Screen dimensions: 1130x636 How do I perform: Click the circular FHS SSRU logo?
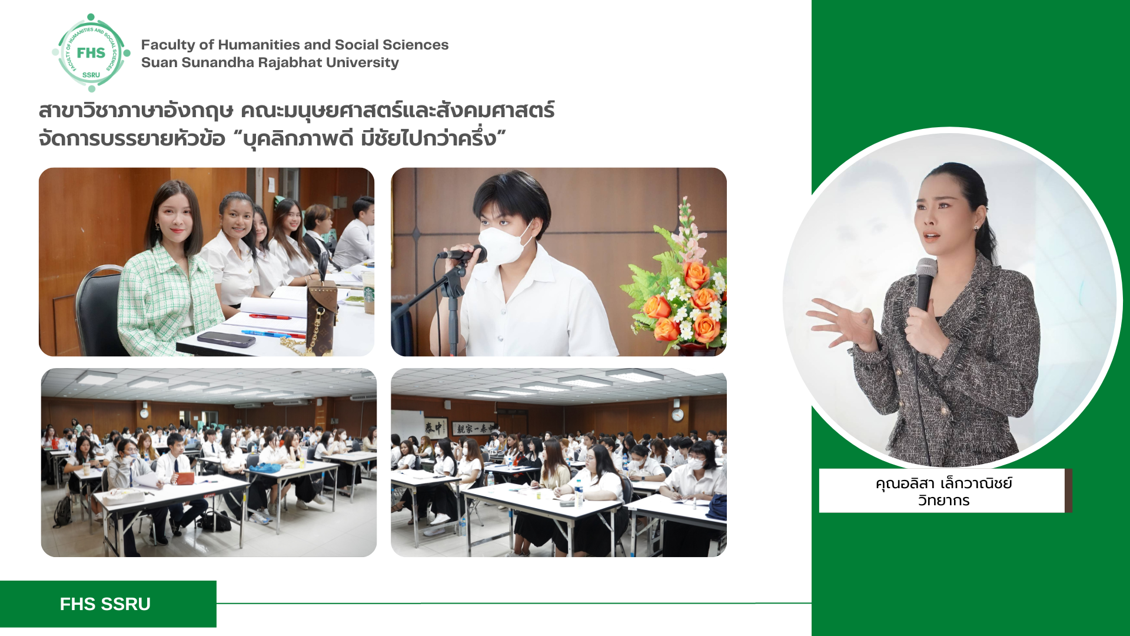click(91, 53)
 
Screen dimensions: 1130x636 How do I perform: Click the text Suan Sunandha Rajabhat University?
click(270, 62)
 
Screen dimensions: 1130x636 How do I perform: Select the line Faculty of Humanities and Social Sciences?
click(295, 45)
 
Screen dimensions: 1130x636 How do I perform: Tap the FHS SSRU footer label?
click(105, 604)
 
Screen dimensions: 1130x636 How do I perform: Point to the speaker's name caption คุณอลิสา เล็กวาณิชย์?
click(943, 483)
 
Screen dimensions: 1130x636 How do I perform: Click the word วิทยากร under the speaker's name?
click(943, 501)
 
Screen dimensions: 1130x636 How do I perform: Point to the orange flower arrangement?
click(680, 283)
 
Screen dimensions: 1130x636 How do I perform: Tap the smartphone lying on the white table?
click(226, 339)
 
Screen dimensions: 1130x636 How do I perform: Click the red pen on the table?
click(270, 317)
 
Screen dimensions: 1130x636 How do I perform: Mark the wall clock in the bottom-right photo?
click(677, 415)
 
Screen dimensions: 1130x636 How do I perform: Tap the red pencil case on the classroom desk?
click(185, 478)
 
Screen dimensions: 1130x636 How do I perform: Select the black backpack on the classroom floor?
click(63, 511)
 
